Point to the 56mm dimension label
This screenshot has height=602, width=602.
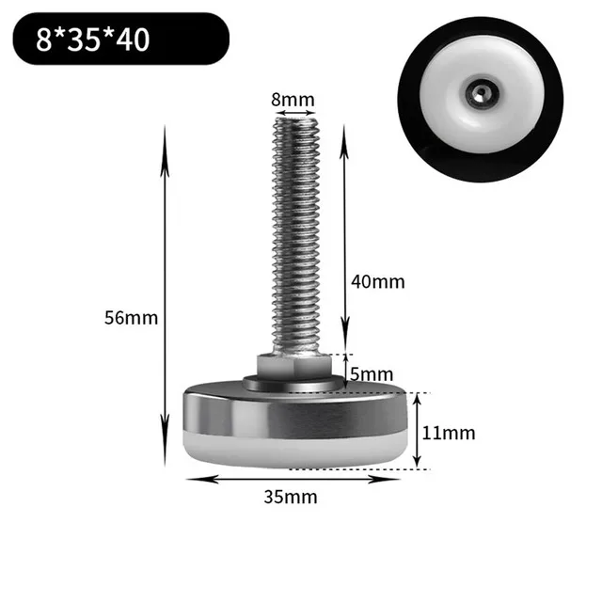(131, 317)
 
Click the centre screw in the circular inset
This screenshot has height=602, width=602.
(479, 92)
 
